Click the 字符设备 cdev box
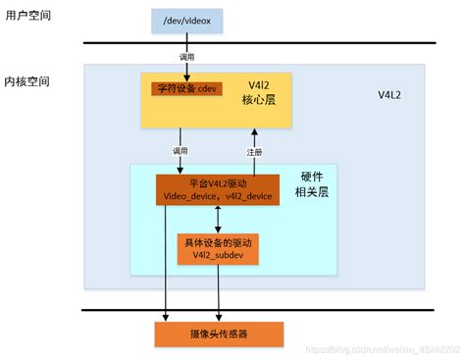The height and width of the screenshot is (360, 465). [187, 88]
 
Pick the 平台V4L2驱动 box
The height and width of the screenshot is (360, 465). [216, 188]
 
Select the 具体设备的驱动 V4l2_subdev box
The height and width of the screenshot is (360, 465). [218, 249]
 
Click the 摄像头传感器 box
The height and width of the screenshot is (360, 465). [219, 334]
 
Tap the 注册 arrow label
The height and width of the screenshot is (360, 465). [255, 152]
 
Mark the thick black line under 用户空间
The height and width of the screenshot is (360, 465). [255, 42]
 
